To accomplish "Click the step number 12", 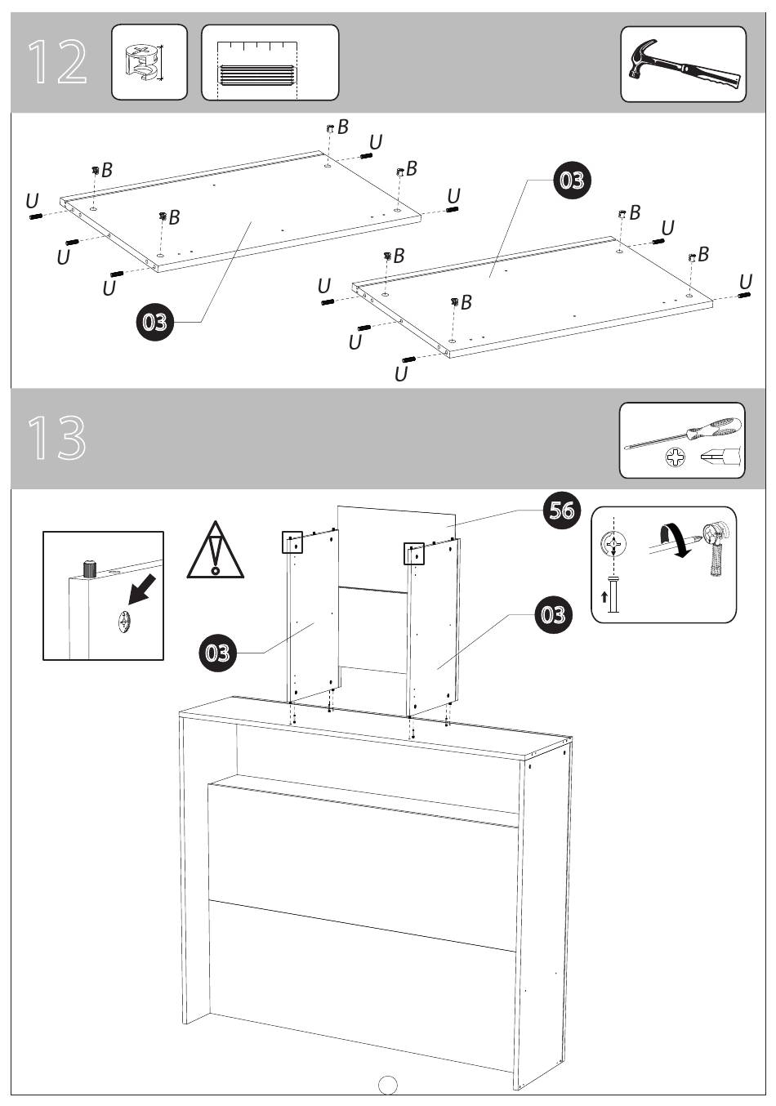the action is click(57, 62).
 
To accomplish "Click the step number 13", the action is click(56, 437).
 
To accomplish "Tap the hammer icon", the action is click(685, 65).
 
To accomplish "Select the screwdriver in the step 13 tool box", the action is click(683, 433).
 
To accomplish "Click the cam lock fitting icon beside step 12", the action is click(142, 62).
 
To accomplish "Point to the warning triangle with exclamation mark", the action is click(215, 550).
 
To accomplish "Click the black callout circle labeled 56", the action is click(562, 510).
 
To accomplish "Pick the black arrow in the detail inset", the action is click(141, 589).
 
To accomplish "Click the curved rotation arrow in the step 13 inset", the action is click(673, 540).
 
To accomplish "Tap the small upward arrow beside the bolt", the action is click(604, 597).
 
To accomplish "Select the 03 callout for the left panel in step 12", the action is click(154, 322).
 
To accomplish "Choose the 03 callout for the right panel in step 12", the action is click(572, 181).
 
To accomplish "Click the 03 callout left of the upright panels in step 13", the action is click(217, 653).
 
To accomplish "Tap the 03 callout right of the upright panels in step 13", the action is click(553, 615).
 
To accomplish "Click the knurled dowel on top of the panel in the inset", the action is click(89, 569).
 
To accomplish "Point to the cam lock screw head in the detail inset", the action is click(124, 620).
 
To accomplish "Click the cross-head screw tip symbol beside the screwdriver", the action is click(676, 457).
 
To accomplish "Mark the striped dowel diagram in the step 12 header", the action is click(256, 74).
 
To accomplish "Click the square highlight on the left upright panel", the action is click(292, 542).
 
